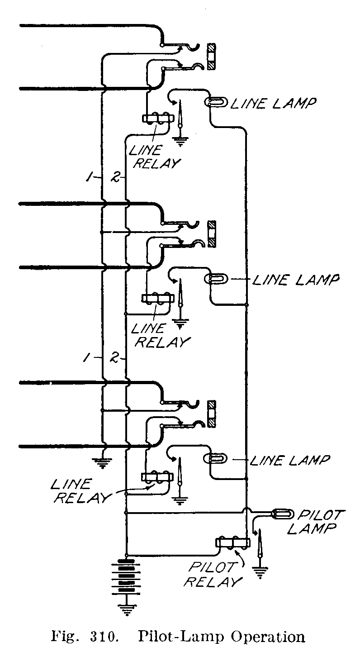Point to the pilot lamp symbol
pyautogui.click(x=282, y=514)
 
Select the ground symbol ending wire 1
pyautogui.click(x=103, y=461)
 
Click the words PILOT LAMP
pyautogui.click(x=317, y=522)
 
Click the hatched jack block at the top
pyautogui.click(x=211, y=57)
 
